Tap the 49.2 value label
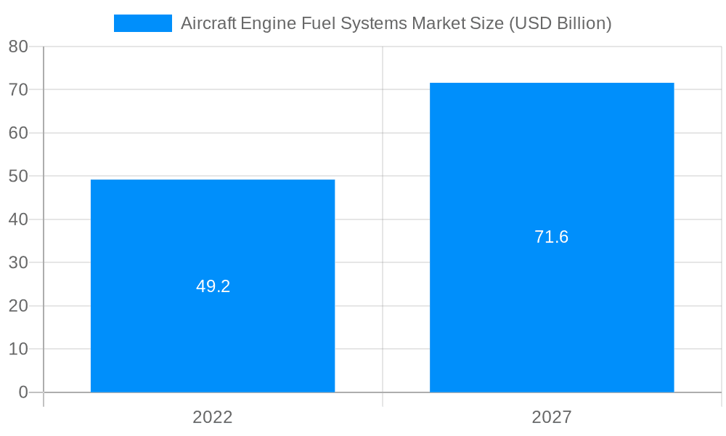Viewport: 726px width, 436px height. [x=213, y=286]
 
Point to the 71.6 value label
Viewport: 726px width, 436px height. [x=552, y=237]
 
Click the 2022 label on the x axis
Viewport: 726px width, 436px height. [x=213, y=417]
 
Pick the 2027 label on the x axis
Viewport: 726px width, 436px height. [x=552, y=417]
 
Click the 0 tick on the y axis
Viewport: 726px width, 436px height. [x=23, y=392]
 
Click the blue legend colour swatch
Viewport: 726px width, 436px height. [x=143, y=23]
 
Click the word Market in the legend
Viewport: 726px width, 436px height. [x=436, y=23]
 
